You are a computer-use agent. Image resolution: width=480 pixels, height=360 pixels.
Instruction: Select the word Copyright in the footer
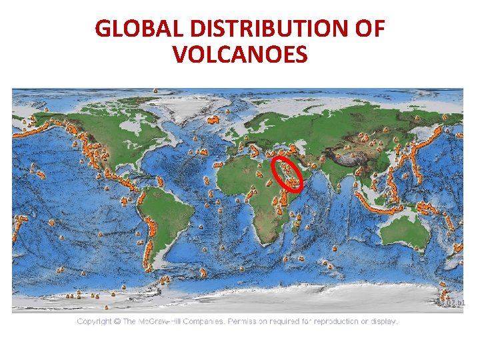point(94,321)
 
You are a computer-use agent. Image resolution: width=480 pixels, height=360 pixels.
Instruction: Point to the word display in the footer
point(381,321)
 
